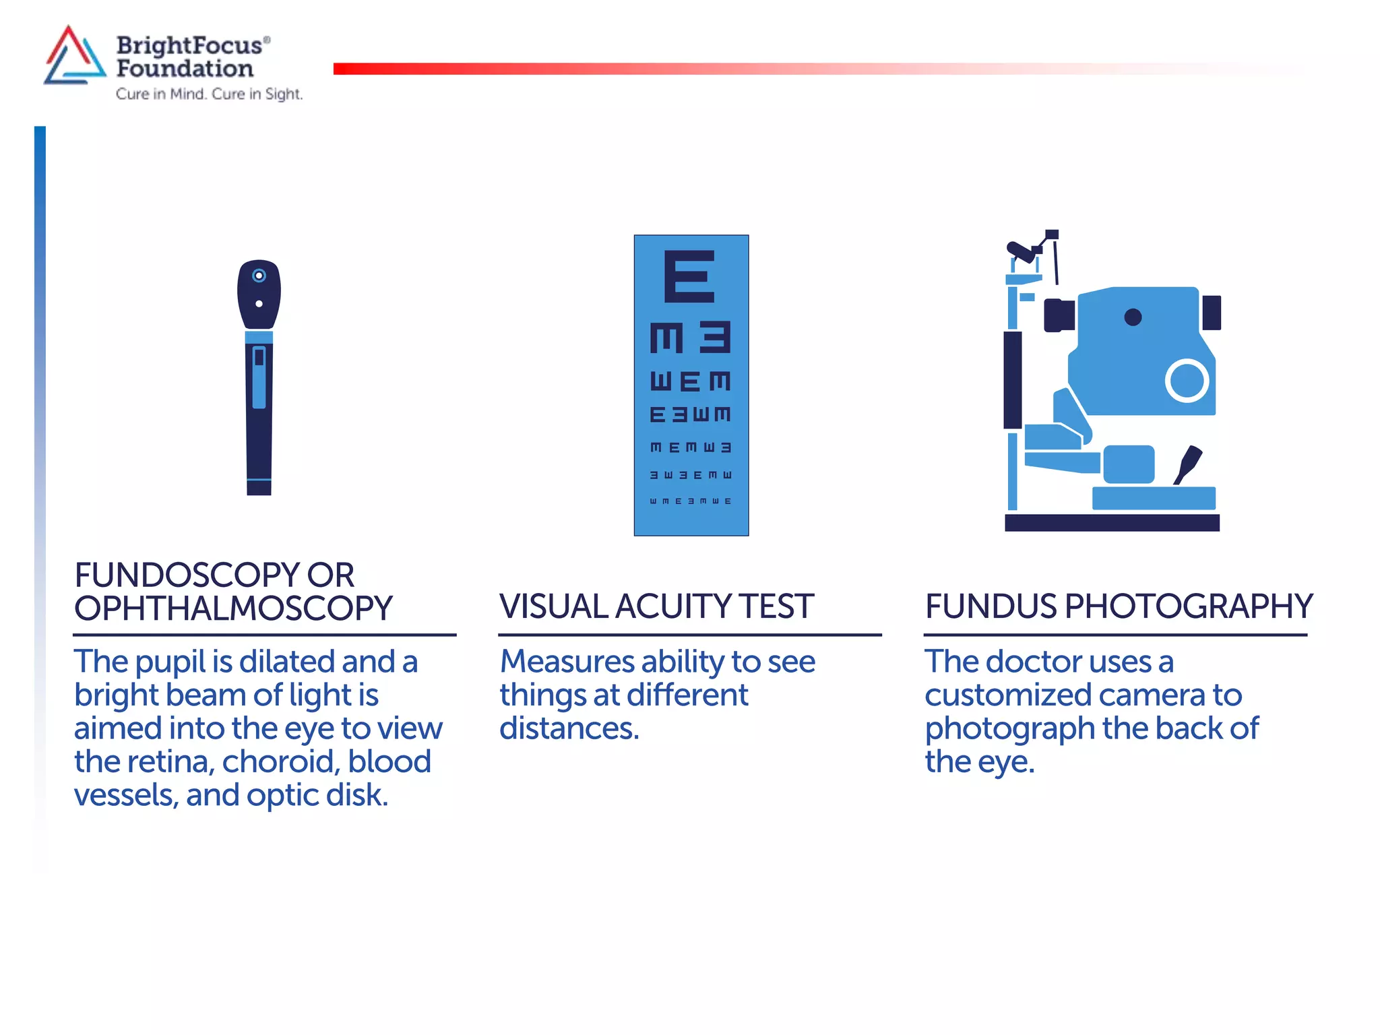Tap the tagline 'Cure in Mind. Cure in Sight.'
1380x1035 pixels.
[209, 94]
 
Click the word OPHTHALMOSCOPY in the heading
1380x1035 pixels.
[233, 608]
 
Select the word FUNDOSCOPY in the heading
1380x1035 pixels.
[185, 575]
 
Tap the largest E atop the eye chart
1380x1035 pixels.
[689, 276]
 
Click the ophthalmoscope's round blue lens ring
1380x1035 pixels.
[259, 276]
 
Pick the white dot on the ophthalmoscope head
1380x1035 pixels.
[259, 304]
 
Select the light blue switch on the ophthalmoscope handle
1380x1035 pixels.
[259, 377]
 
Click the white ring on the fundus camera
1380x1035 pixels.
[1187, 381]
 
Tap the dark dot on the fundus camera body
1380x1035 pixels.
[1133, 317]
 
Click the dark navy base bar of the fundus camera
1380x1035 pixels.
[1112, 523]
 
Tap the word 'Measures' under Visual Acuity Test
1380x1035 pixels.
[566, 662]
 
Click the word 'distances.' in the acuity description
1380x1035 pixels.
[569, 729]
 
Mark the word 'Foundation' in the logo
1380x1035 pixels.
[185, 69]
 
